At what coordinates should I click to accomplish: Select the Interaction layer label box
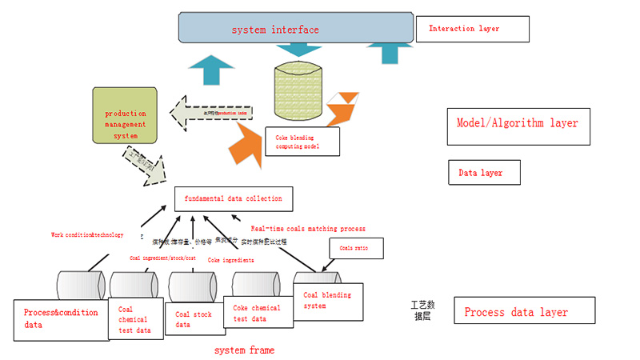coord(472,29)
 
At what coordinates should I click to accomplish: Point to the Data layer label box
coord(485,172)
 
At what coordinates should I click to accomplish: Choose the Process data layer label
coord(524,311)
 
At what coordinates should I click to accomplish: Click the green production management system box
coord(126,125)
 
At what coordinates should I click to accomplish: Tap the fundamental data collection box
coord(228,198)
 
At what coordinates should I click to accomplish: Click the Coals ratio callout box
coord(355,248)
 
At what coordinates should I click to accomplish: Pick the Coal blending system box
coord(327,302)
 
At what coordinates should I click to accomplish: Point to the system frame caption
coord(245,350)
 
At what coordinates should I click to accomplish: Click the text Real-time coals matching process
coord(308,229)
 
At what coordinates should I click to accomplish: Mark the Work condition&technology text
coord(87,235)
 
